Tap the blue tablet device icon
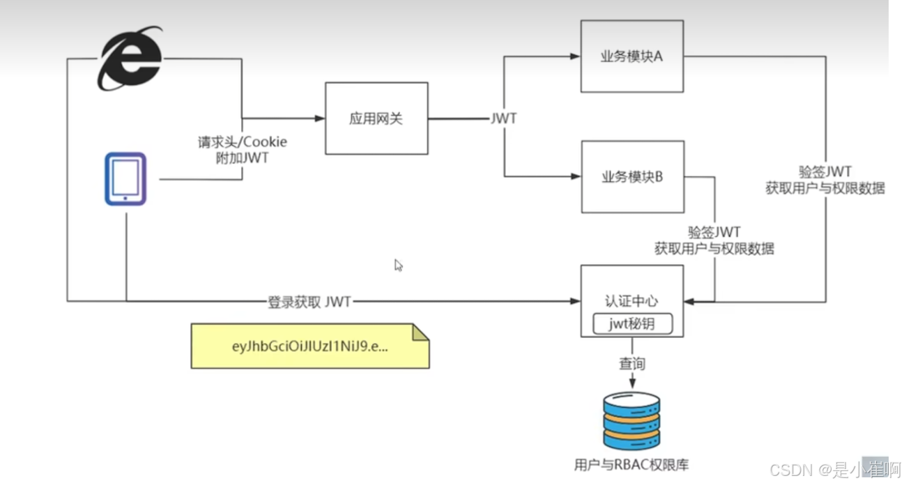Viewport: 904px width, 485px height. [125, 179]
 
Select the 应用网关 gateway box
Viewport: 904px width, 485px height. [376, 118]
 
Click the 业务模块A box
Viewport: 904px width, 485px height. [631, 56]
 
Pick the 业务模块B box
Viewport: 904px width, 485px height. [631, 177]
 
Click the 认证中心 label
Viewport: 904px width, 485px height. [631, 301]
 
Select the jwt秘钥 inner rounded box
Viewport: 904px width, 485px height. [632, 323]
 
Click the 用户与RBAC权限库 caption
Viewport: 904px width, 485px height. [632, 464]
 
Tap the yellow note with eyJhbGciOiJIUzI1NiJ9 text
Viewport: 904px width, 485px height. [310, 345]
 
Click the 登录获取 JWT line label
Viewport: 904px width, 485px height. [310, 301]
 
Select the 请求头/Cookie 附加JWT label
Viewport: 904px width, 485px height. [242, 150]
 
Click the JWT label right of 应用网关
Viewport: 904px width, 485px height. [503, 118]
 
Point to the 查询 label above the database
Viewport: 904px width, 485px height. [632, 364]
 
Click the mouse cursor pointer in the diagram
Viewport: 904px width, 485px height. [398, 265]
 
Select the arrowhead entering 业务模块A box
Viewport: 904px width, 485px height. [576, 57]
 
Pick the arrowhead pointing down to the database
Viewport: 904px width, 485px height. [632, 383]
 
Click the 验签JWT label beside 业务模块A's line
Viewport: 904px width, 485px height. [825, 171]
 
